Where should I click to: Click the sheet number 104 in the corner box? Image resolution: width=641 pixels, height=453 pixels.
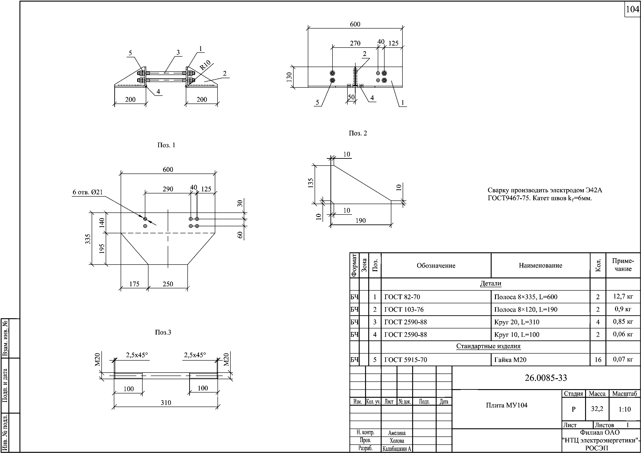point(632,10)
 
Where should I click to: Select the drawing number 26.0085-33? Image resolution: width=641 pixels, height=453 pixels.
point(545,378)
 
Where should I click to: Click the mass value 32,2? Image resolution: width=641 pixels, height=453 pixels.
point(597,409)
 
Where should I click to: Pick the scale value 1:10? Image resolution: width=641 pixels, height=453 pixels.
point(624,410)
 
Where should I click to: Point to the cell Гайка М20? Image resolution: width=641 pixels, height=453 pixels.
point(510,360)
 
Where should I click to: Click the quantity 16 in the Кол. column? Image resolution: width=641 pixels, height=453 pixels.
point(598,360)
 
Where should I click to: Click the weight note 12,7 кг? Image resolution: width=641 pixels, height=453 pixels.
point(623,296)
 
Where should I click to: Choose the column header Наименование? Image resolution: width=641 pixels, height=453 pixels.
point(540,265)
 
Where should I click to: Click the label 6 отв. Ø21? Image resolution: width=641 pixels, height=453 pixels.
point(88,192)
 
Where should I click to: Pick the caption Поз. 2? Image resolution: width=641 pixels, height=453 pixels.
point(358,133)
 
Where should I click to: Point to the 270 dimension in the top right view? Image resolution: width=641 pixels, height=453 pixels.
point(355,43)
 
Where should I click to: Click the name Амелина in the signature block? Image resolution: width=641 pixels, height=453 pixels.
point(397,433)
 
